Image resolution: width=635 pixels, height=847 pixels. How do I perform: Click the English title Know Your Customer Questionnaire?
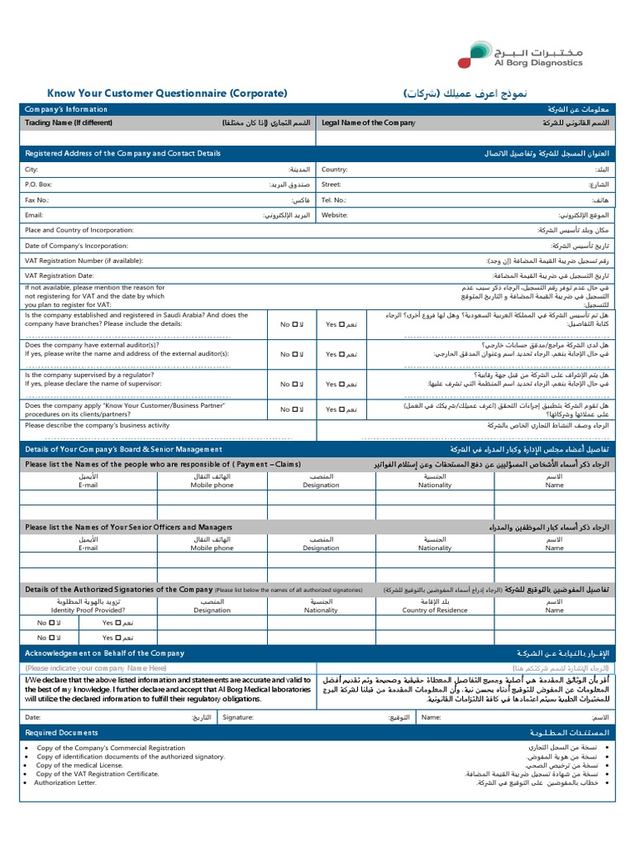pyautogui.click(x=167, y=93)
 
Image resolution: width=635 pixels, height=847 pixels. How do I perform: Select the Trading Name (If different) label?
pyautogui.click(x=69, y=122)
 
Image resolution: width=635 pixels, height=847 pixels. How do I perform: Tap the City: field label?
pyautogui.click(x=32, y=169)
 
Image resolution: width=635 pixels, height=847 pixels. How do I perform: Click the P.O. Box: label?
pyautogui.click(x=39, y=184)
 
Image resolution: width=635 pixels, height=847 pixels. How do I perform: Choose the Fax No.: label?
pyautogui.click(x=37, y=200)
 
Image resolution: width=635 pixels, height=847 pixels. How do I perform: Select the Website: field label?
pyautogui.click(x=335, y=215)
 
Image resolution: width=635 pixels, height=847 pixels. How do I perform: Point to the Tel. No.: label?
pyautogui.click(x=334, y=200)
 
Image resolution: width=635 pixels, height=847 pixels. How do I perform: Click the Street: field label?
pyautogui.click(x=332, y=184)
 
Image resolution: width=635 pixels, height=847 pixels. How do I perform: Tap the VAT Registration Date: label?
pyautogui.click(x=60, y=275)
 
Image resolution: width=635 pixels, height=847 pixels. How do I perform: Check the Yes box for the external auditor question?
pyautogui.click(x=341, y=354)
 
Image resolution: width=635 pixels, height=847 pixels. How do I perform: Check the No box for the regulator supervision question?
pyautogui.click(x=294, y=385)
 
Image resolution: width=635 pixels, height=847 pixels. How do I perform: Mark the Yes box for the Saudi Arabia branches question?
pyautogui.click(x=341, y=325)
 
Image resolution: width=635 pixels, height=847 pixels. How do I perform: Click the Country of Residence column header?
pyautogui.click(x=435, y=610)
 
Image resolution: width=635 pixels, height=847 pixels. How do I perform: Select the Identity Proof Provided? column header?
pyautogui.click(x=88, y=610)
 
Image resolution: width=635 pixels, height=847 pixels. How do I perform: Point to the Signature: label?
pyautogui.click(x=237, y=718)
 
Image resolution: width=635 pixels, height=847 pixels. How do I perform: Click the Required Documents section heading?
pyautogui.click(x=62, y=733)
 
